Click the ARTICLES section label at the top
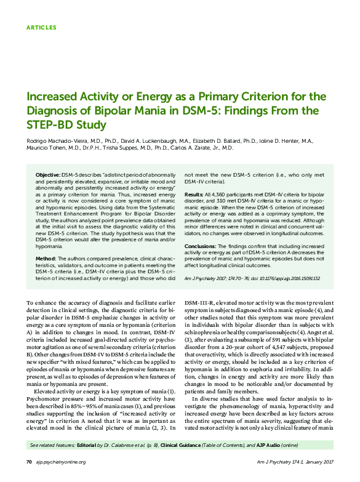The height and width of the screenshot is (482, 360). pyautogui.click(x=42, y=28)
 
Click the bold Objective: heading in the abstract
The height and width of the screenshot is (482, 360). pyautogui.click(x=47, y=176)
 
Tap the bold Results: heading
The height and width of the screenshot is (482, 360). pyautogui.click(x=194, y=194)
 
